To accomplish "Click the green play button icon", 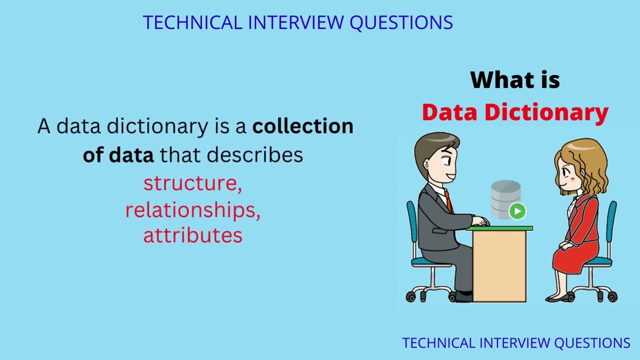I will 517,211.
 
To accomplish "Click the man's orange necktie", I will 448,201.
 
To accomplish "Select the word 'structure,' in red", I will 193,183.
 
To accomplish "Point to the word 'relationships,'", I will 193,210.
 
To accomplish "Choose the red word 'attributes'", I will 193,235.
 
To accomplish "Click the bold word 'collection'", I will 303,126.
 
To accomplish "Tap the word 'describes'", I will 255,155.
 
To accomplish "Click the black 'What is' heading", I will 515,80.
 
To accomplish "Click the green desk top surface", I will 500,228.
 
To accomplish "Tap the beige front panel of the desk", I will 499,265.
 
